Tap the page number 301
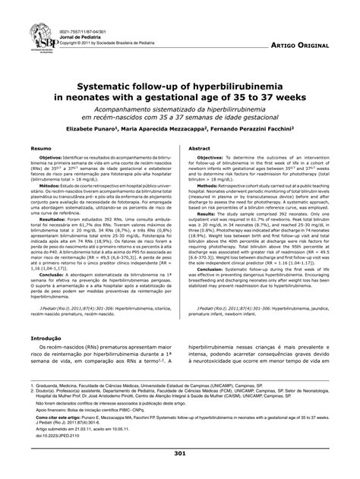pos(180,453)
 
